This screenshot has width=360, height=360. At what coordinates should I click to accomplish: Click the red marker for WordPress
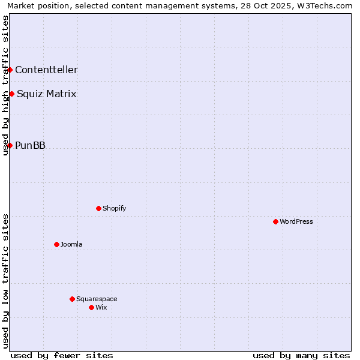point(275,221)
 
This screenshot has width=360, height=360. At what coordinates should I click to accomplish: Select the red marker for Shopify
point(98,208)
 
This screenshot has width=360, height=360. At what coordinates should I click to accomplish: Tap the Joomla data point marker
point(56,244)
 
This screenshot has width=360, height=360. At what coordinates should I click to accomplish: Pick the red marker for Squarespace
point(72,299)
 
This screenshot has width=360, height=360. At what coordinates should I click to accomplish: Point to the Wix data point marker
point(91,307)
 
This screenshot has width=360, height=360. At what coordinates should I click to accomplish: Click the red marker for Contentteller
point(10,70)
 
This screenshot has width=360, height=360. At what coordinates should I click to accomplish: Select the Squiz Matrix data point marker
point(11,94)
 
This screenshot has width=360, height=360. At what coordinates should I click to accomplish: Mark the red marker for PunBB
point(10,145)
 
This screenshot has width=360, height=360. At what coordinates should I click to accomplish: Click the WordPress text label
point(296,221)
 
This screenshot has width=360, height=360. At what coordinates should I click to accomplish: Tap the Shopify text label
point(114,208)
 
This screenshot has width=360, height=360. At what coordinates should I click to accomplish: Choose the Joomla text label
point(71,244)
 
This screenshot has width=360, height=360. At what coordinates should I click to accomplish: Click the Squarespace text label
point(97,299)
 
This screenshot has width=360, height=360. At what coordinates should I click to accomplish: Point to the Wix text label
point(101,307)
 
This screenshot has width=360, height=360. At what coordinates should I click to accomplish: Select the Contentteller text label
point(46,70)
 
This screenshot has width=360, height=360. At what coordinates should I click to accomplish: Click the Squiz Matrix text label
point(46,94)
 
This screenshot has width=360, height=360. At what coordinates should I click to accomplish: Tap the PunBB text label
point(30,145)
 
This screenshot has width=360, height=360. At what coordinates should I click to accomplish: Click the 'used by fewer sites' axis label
point(62,355)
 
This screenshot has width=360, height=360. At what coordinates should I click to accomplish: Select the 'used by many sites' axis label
point(301,355)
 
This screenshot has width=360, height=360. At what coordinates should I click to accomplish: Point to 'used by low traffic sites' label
point(5,281)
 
